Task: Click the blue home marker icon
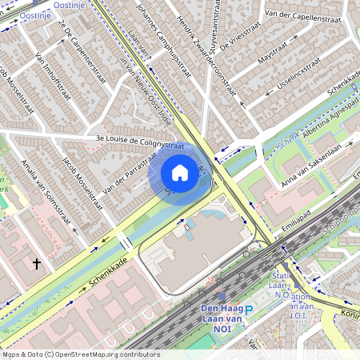click(180, 173)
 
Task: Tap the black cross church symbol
click(36, 262)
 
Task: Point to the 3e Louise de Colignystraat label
click(134, 143)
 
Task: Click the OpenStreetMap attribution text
click(80, 354)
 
